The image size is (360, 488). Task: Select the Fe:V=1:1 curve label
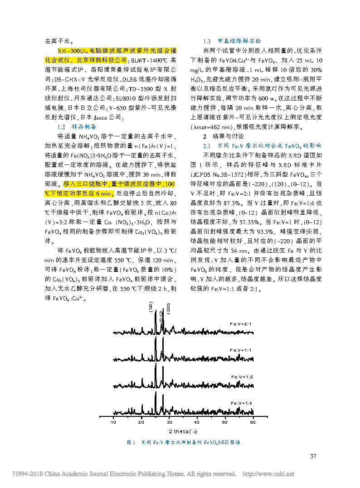point(241,350)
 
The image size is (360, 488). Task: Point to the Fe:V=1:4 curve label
point(241,403)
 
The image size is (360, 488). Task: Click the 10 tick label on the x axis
point(113,422)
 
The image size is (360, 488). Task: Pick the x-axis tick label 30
point(169,422)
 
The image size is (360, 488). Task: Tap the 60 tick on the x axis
point(253,422)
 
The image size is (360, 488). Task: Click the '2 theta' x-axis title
point(182,431)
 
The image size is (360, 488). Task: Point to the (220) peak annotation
point(168,308)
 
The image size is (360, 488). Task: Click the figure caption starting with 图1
point(183,442)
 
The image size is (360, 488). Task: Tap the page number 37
point(313,456)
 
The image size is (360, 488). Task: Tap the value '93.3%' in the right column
point(277,232)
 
